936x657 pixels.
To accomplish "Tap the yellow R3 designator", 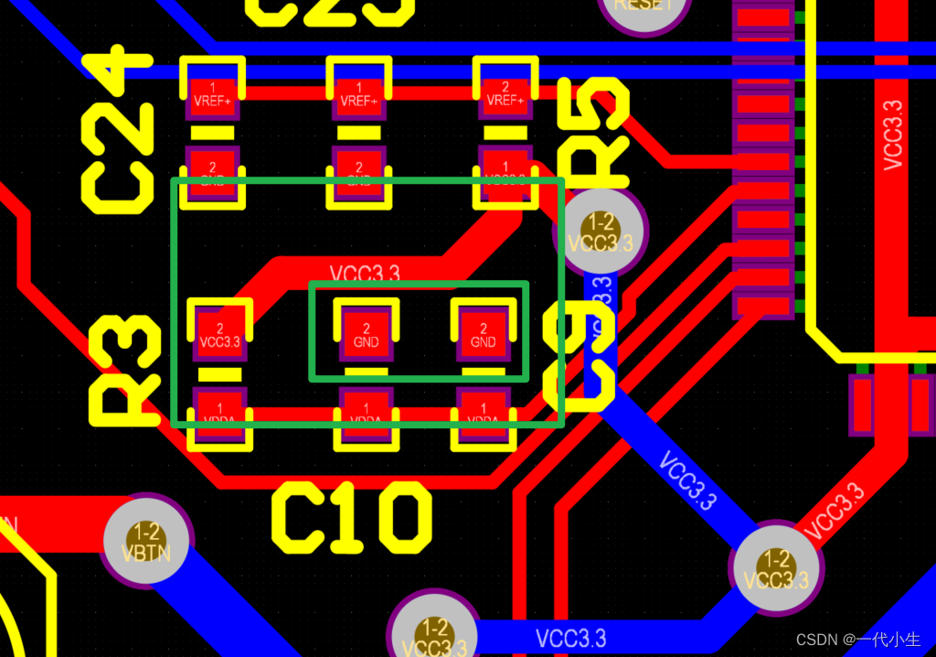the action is [x=124, y=371].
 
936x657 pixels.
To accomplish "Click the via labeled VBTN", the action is [x=146, y=541].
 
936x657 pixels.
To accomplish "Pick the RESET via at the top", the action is [x=643, y=7].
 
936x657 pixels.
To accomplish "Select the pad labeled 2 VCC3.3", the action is [x=219, y=335].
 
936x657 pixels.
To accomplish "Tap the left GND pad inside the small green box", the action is [x=366, y=335].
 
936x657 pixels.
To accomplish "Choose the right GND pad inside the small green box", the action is [x=483, y=335].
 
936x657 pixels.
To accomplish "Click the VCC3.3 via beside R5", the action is [x=600, y=232].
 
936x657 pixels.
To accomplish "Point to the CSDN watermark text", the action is [x=857, y=640].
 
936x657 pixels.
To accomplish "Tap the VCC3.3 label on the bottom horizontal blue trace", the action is [x=570, y=638].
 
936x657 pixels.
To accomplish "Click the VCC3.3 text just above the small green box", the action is [x=365, y=273].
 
